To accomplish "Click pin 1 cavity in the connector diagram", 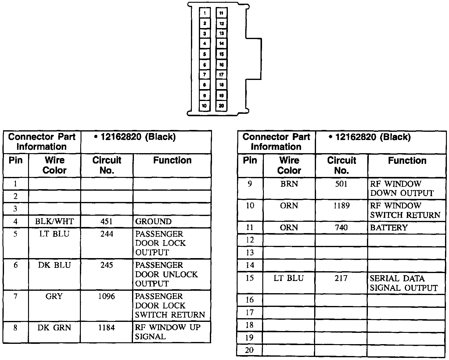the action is click(205, 13).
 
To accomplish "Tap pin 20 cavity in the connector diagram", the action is click(221, 106).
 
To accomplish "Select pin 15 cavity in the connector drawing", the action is click(221, 54).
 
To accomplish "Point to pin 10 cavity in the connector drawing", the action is click(204, 106).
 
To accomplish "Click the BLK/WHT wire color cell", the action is click(55, 221).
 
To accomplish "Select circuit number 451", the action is click(106, 221).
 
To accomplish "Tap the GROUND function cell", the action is click(153, 221).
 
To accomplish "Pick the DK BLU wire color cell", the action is click(54, 265).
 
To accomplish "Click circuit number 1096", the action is click(106, 296).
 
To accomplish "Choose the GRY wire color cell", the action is click(54, 296).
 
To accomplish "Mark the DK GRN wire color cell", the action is click(54, 328).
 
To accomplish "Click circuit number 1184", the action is click(106, 328).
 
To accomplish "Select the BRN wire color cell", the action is click(289, 184).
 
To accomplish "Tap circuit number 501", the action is click(341, 184).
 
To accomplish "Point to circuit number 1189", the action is click(341, 206).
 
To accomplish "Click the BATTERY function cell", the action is click(389, 228).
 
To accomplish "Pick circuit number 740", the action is click(341, 228).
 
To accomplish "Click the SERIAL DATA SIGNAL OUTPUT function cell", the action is click(404, 283).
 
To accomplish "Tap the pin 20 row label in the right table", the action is click(250, 350).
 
